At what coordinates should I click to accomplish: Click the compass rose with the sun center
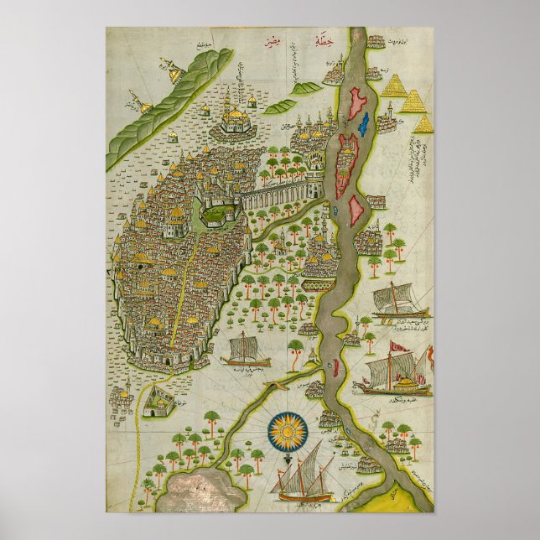click(x=288, y=429)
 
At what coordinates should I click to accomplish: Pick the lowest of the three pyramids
click(x=424, y=124)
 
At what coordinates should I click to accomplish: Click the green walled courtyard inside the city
click(x=216, y=215)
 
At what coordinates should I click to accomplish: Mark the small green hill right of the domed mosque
click(x=281, y=106)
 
